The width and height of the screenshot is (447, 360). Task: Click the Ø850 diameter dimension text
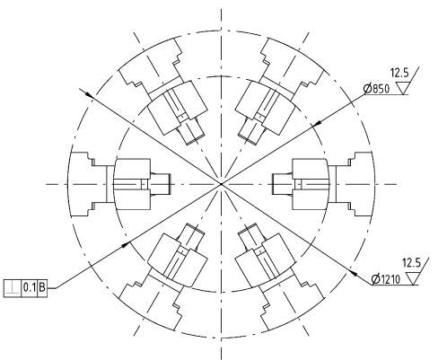point(376,89)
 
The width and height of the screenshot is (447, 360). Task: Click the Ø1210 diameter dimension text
point(385,279)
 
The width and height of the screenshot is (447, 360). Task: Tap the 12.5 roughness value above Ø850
point(399,73)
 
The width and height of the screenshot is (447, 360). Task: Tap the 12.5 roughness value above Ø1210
point(411,263)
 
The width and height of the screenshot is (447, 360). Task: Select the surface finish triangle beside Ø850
point(402,88)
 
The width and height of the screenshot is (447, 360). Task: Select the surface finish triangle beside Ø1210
point(413,278)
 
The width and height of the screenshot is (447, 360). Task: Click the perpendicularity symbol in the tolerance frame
point(13,288)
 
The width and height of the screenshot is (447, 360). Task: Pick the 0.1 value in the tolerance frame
point(30,288)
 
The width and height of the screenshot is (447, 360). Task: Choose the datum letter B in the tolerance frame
point(42,288)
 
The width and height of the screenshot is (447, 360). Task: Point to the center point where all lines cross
point(222,184)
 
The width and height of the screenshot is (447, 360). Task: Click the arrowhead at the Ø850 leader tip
point(316,123)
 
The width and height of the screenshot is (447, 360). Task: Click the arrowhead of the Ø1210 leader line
point(354,272)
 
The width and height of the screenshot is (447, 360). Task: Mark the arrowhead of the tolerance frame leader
point(126,244)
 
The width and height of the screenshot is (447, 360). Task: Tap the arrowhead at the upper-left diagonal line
point(90,94)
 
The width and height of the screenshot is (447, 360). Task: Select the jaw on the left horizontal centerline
point(120,184)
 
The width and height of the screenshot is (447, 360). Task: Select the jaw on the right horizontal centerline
point(322,184)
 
